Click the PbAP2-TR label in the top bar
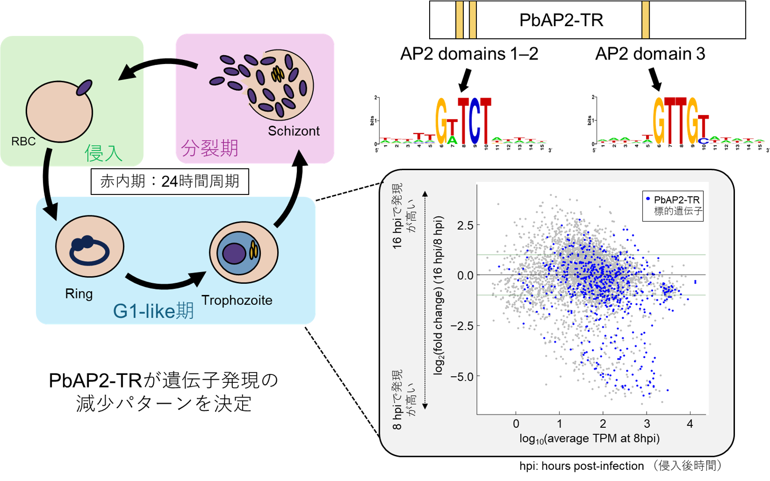(561, 20)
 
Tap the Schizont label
(294, 131)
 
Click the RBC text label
(24, 141)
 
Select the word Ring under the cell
(79, 294)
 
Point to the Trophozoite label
(237, 300)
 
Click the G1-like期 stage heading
(153, 311)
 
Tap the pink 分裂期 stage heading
(210, 148)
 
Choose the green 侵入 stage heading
(104, 153)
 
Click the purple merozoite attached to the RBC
(84, 87)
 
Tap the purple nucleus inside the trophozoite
(234, 254)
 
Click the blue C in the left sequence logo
(475, 122)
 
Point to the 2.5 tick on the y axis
(465, 225)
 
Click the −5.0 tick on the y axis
(462, 377)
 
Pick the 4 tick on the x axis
(690, 424)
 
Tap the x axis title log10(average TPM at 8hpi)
(589, 439)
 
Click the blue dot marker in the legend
(648, 199)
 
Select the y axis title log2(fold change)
(439, 295)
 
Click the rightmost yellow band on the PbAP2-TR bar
(646, 20)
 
